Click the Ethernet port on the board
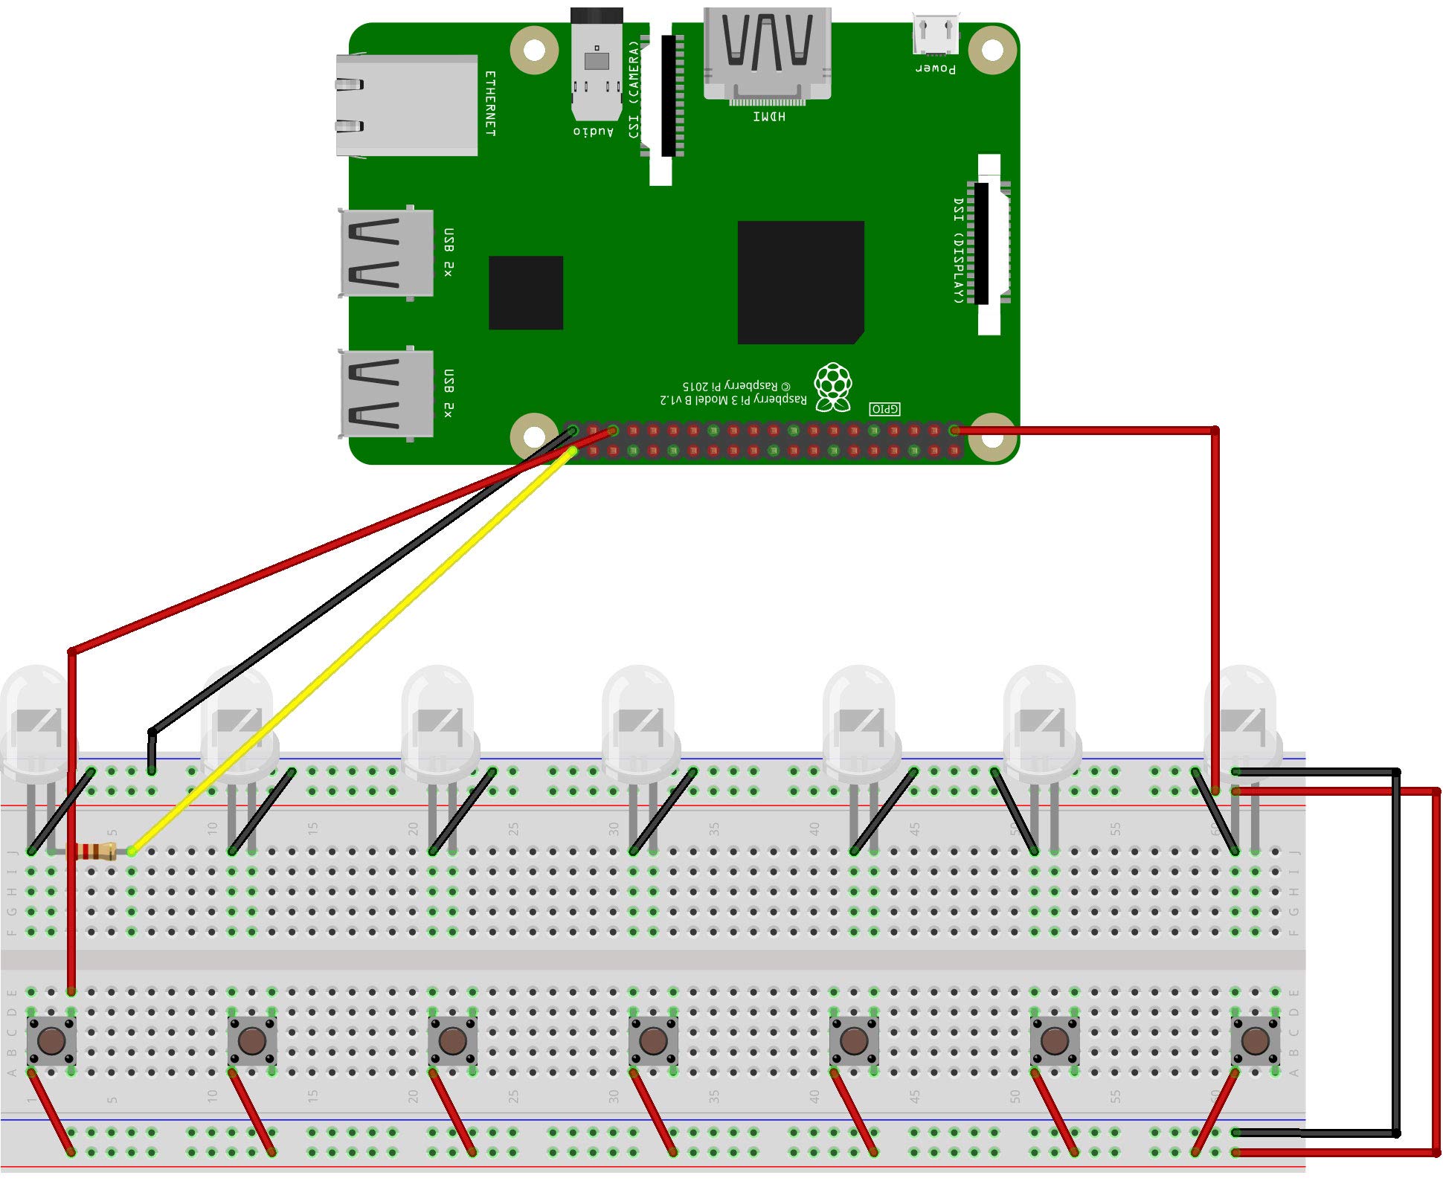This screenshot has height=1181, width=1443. tap(406, 105)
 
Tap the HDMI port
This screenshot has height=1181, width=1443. tap(767, 54)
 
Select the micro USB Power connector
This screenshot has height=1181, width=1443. tap(936, 36)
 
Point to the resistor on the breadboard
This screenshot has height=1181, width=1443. tap(94, 852)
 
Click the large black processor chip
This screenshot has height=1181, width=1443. tap(800, 282)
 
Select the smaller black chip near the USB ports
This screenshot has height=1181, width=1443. tap(525, 292)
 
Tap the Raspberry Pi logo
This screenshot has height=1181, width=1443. tap(832, 387)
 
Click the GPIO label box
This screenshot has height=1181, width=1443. tap(884, 409)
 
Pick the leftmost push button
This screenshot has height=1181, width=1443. tap(51, 1040)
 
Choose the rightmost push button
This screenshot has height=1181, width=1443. tap(1255, 1040)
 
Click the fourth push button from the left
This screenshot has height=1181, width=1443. tap(653, 1040)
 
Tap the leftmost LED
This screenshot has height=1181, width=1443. tap(36, 721)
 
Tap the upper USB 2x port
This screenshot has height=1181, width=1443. tap(387, 253)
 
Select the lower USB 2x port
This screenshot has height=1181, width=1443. tap(387, 394)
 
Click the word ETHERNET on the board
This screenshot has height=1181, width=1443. tap(490, 103)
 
